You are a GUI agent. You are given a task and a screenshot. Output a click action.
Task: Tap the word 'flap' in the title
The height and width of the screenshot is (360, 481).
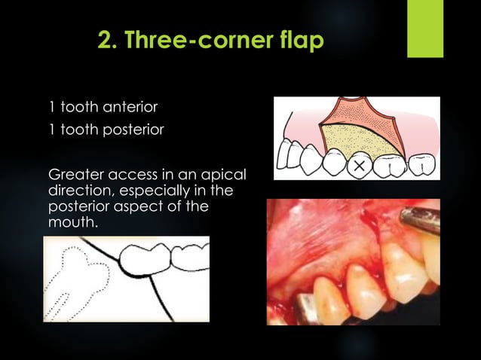tap(302, 40)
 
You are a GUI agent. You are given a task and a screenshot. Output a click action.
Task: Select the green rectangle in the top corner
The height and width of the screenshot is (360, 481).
tap(425, 29)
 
